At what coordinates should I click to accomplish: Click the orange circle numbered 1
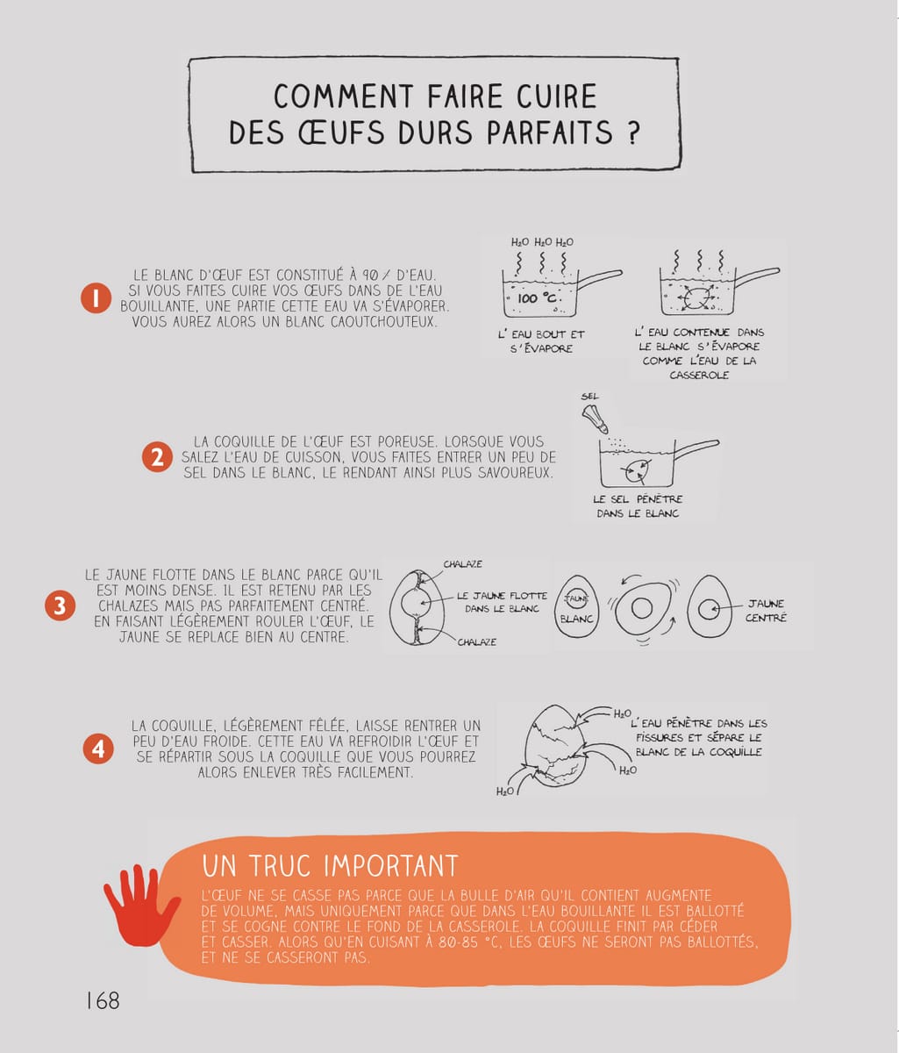pos(96,298)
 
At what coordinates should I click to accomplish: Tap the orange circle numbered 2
pos(157,456)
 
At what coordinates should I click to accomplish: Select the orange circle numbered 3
pos(60,605)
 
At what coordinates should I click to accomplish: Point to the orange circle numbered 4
pos(98,749)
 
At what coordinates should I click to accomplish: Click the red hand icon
pos(141,906)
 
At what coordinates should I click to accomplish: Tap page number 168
pos(103,1000)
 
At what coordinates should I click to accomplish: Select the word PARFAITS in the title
pos(550,133)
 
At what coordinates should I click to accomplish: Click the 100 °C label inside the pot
pos(537,298)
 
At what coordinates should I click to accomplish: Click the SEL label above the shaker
pos(590,396)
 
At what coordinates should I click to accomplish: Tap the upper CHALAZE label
pos(463,564)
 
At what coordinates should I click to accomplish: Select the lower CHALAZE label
pos(476,642)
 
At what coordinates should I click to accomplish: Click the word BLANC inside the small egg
pos(577,619)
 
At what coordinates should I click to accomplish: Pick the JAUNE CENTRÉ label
pos(767,611)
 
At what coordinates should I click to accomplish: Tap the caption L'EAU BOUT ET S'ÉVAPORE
pos(541,341)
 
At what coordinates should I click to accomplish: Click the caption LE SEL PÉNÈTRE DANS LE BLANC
pos(638,505)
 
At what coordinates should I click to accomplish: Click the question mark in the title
pos(631,133)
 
